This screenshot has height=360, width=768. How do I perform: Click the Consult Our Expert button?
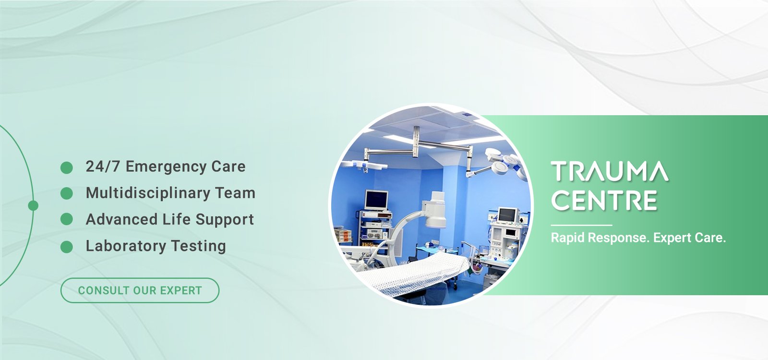[140, 290]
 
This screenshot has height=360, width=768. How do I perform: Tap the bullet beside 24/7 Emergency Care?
[67, 168]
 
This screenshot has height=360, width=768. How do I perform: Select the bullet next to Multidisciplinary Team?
[67, 193]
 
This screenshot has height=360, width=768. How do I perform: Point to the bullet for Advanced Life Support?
[67, 219]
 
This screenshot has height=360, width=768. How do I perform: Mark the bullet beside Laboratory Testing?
[67, 247]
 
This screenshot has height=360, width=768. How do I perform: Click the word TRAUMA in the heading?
[610, 171]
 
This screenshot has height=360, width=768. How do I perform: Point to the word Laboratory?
[126, 246]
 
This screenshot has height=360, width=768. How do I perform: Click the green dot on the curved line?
[33, 206]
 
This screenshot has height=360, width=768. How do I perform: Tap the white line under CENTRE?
[581, 225]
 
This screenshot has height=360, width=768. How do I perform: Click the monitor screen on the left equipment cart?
[376, 200]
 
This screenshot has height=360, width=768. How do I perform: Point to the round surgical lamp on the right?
[500, 168]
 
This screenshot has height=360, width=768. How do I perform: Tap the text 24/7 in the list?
[103, 167]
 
